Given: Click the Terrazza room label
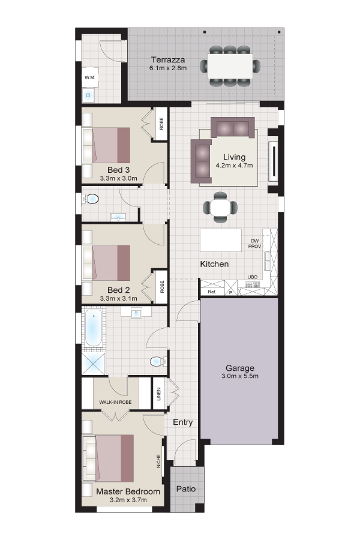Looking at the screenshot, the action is [x=168, y=60].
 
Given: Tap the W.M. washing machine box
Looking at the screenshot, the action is [x=90, y=77].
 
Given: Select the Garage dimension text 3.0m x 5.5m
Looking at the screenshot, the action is [x=240, y=376].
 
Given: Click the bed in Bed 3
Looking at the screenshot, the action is [x=106, y=145].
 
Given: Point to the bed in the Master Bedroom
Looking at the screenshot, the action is [x=108, y=458].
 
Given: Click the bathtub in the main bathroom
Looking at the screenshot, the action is [x=94, y=328].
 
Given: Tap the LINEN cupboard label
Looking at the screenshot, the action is [x=159, y=394].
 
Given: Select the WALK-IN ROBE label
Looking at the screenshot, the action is [x=115, y=402].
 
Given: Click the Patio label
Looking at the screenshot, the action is [x=186, y=488].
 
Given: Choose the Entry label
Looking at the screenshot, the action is [x=182, y=422].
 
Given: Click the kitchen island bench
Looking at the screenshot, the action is [x=221, y=240].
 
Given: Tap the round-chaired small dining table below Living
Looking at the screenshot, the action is [x=220, y=207].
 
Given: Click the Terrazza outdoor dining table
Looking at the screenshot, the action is [x=230, y=65].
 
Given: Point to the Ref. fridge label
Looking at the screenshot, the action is [x=212, y=292].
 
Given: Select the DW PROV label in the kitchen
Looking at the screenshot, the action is [x=254, y=244].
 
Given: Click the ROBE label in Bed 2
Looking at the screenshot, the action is [x=162, y=287].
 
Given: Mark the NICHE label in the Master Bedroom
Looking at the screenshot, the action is [x=159, y=461].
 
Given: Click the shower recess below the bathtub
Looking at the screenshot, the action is [x=94, y=363].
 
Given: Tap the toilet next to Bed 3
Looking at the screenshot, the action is [x=90, y=199].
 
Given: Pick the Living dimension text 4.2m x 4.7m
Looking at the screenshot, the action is [x=234, y=166].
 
